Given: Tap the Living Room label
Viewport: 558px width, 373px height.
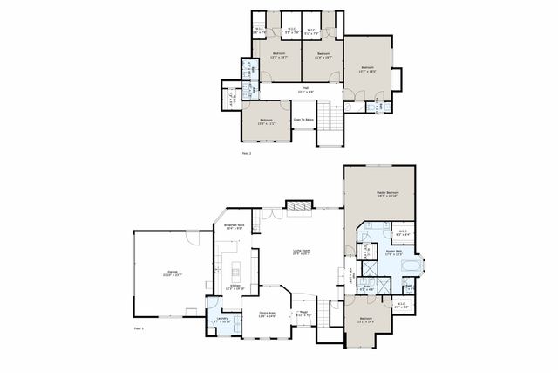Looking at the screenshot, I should [302, 252].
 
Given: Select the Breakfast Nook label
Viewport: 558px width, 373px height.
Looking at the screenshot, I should [234, 226].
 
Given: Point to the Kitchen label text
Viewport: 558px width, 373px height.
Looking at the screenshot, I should [235, 287].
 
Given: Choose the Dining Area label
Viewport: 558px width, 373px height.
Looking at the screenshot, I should [267, 314].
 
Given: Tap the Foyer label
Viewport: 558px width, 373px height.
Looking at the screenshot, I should [304, 314].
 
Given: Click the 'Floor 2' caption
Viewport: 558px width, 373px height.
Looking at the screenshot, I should [246, 153].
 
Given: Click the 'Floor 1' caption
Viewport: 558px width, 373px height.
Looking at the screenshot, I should [139, 328].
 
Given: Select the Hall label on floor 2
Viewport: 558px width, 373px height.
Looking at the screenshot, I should [306, 88].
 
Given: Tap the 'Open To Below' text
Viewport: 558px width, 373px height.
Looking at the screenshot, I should [303, 120].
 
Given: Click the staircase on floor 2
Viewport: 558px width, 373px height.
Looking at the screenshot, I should [326, 114].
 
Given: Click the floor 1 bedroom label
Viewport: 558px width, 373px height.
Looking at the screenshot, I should [365, 320].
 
